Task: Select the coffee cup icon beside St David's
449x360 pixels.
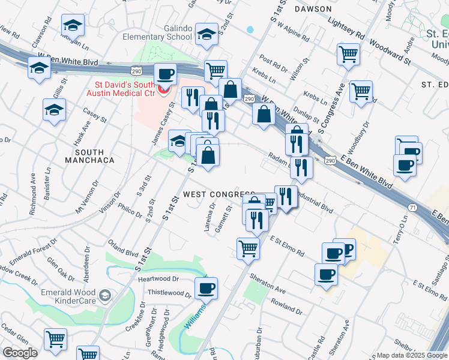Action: click(x=165, y=75)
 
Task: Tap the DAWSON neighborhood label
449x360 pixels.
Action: click(x=313, y=9)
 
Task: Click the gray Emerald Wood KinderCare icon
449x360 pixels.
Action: click(x=106, y=295)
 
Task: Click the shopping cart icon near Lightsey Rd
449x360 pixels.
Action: click(x=349, y=54)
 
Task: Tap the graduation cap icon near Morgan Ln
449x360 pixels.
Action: click(x=73, y=26)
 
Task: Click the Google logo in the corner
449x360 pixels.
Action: click(x=20, y=353)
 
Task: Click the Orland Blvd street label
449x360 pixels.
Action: click(x=124, y=250)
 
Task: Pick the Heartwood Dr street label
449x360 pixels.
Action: click(x=159, y=279)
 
